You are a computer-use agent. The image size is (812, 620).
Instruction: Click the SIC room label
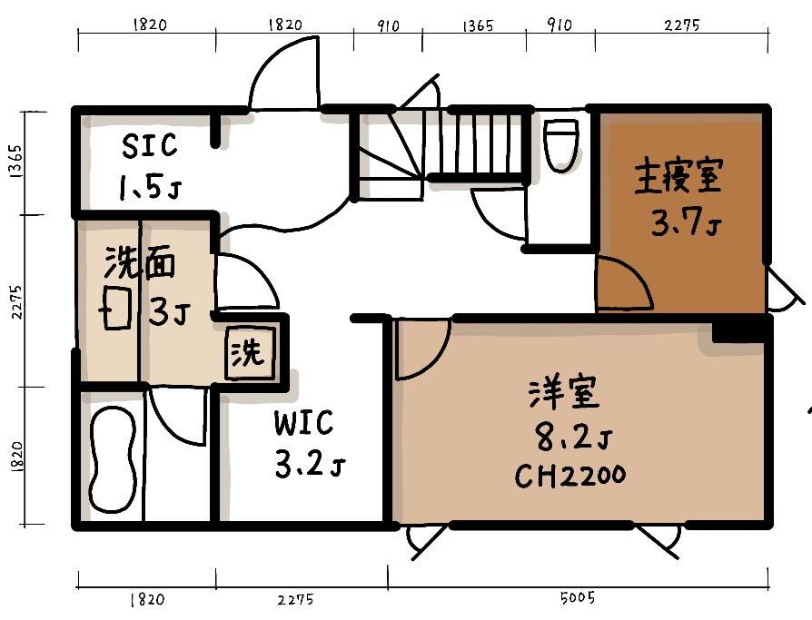[x=149, y=145]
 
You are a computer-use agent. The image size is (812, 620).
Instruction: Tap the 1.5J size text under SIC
[x=150, y=187]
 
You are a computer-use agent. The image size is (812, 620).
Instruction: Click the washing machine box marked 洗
[x=250, y=352]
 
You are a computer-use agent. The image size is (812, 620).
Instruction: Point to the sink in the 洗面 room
[x=116, y=308]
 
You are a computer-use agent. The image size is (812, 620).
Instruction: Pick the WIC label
[x=303, y=423]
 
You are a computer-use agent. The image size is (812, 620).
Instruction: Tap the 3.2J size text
[x=309, y=464]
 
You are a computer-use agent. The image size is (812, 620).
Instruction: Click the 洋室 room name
[x=564, y=394]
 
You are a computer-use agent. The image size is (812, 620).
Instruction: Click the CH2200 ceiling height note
[x=570, y=476]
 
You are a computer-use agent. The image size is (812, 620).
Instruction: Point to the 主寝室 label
[x=678, y=176]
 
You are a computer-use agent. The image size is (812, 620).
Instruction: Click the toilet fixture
[x=562, y=145]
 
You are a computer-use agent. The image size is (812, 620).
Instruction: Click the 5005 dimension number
[x=578, y=597]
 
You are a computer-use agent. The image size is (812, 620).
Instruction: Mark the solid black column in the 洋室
[x=740, y=330]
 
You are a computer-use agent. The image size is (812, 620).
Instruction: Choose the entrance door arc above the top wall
[x=284, y=73]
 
